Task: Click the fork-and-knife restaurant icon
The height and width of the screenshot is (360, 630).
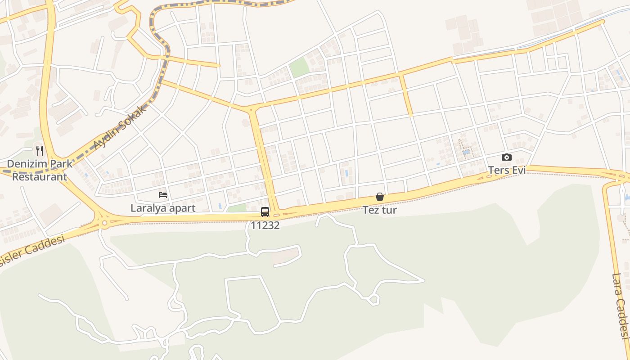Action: pyautogui.click(x=40, y=150)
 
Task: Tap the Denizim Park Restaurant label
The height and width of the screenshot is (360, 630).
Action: pyautogui.click(x=40, y=170)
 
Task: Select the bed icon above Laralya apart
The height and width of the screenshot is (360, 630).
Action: pyautogui.click(x=163, y=195)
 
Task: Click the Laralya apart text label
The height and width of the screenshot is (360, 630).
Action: pyautogui.click(x=163, y=208)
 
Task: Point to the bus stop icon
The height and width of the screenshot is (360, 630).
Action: pyautogui.click(x=265, y=211)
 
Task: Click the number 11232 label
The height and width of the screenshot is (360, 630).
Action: pyautogui.click(x=265, y=225)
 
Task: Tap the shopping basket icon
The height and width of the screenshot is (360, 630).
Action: pyautogui.click(x=380, y=197)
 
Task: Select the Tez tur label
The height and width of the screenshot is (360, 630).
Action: pyautogui.click(x=380, y=210)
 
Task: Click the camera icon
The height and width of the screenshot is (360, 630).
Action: pyautogui.click(x=507, y=157)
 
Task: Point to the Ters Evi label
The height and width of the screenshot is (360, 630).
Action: pyautogui.click(x=507, y=170)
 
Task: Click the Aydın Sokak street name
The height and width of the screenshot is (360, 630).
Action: pyautogui.click(x=120, y=127)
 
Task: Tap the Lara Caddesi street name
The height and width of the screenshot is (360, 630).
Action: pyautogui.click(x=620, y=306)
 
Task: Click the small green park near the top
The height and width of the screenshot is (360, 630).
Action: pyautogui.click(x=299, y=67)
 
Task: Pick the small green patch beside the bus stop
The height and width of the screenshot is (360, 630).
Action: pyautogui.click(x=237, y=208)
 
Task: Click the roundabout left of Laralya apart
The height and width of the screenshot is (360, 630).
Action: pyautogui.click(x=104, y=222)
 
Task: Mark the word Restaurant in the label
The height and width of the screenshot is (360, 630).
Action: pyautogui.click(x=40, y=176)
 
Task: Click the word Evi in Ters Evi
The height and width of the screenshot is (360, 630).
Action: pyautogui.click(x=517, y=170)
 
